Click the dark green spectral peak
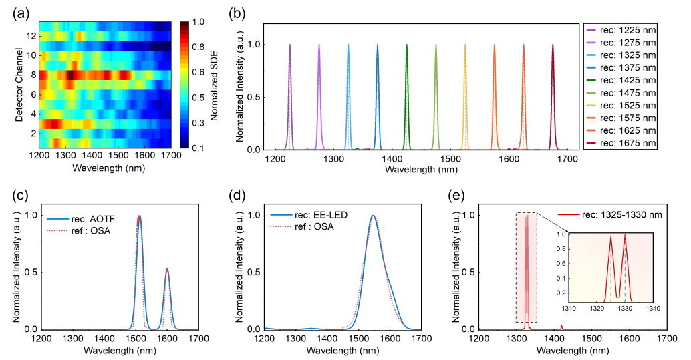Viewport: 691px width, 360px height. click(x=406, y=47)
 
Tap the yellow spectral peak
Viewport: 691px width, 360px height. click(x=465, y=47)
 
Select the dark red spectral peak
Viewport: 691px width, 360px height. click(x=553, y=47)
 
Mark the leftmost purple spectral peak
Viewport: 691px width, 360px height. click(x=290, y=47)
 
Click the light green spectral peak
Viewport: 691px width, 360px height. click(x=436, y=47)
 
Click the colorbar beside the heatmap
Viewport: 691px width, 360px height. click(x=184, y=84)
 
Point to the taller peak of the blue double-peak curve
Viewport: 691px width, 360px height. click(x=139, y=216)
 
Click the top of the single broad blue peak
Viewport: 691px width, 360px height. click(x=373, y=216)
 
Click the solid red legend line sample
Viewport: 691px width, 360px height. click(x=569, y=215)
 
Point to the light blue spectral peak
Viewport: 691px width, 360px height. click(x=348, y=47)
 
